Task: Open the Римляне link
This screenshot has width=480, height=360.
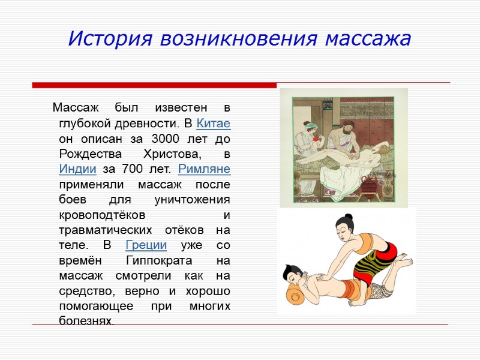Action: coord(204,169)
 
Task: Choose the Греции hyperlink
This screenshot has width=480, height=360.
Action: coord(146,245)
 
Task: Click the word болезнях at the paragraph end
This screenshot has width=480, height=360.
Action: coord(85,322)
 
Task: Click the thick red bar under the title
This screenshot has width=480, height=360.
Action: coord(154,85)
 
